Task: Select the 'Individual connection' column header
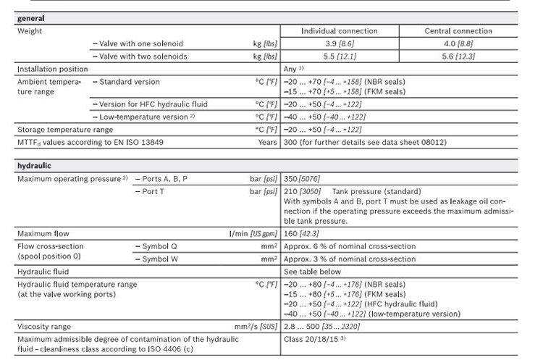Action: tap(340, 31)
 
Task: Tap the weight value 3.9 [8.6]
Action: tap(340, 43)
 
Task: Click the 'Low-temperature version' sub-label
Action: tap(144, 117)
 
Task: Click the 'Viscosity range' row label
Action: tap(47, 327)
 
